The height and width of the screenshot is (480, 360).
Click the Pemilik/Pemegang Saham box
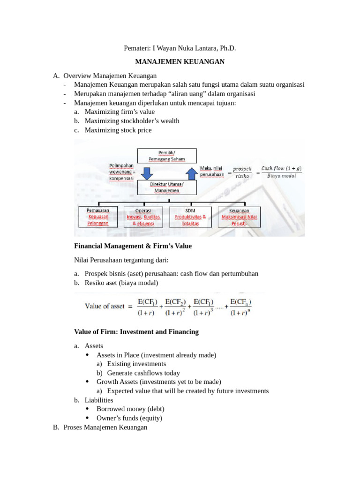167,156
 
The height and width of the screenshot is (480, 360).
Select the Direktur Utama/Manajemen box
167,187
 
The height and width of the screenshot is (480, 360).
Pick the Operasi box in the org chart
143,217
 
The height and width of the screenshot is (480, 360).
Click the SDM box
190,217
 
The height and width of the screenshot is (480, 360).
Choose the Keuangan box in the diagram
239,217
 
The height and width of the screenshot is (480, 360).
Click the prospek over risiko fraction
242,172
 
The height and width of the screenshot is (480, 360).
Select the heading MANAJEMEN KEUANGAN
180,62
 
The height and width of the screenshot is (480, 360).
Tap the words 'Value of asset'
105,306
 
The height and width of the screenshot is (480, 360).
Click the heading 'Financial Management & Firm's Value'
133,246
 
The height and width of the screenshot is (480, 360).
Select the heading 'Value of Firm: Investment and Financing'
136,331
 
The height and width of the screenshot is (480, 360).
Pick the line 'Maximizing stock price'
118,130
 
